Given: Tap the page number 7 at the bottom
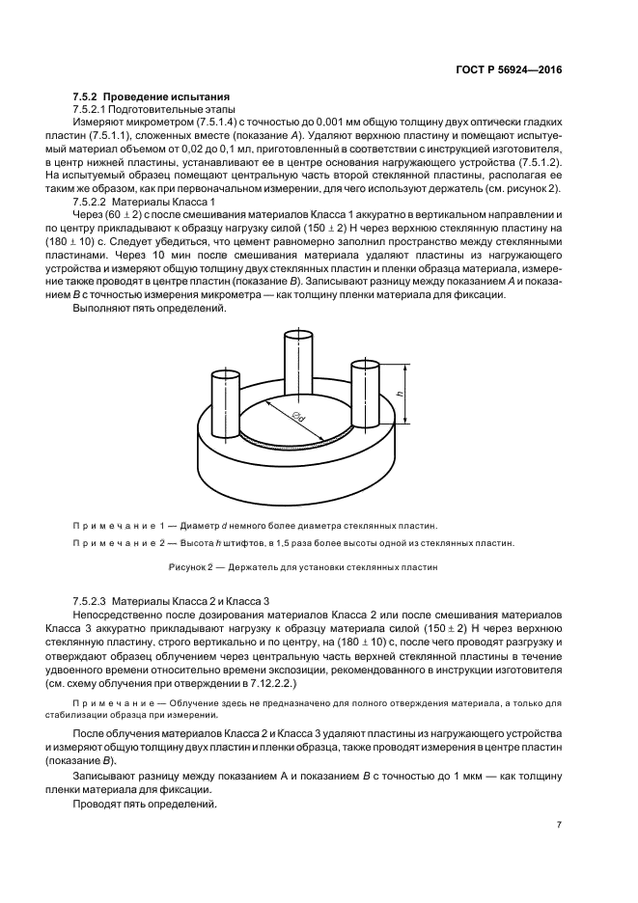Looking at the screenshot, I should click(559, 824).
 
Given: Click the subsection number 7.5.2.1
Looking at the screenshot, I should click(95, 111).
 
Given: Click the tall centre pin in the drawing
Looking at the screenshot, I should click(295, 371).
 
